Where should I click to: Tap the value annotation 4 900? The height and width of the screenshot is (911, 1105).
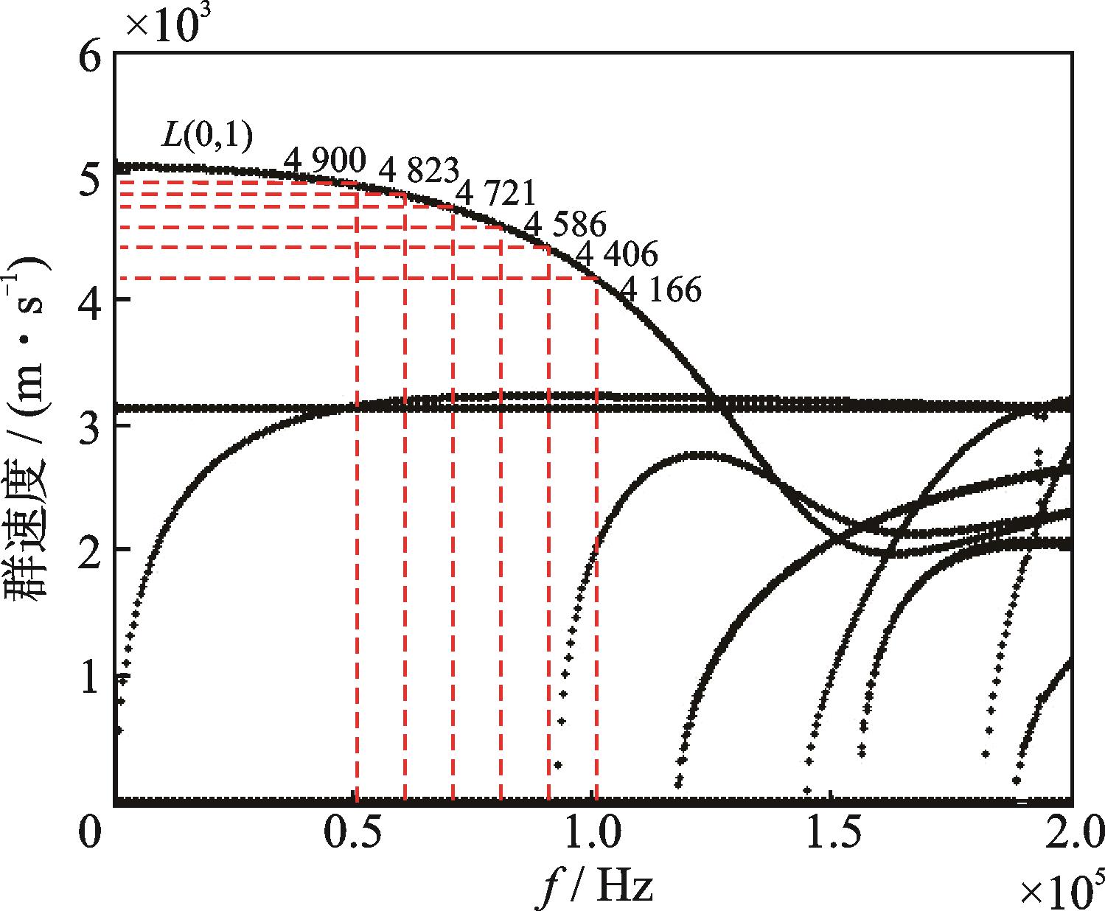[x=325, y=160]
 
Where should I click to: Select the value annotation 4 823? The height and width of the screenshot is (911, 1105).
[x=419, y=172]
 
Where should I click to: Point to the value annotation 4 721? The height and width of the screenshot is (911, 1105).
[x=495, y=194]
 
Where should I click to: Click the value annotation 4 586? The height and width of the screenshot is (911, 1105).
[x=565, y=224]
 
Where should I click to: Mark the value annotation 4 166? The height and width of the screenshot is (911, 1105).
[x=660, y=290]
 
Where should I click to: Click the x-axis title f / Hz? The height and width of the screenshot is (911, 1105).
[x=594, y=884]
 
